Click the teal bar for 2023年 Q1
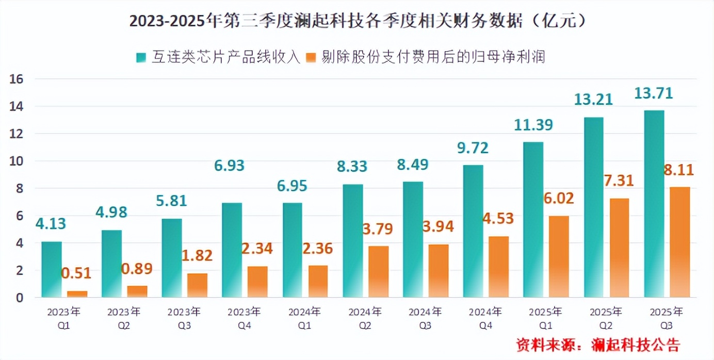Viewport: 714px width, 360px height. pyautogui.click(x=51, y=269)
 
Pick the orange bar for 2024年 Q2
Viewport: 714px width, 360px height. pyautogui.click(x=379, y=271)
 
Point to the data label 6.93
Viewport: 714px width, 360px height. pyautogui.click(x=229, y=166)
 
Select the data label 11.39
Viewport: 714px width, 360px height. pyautogui.click(x=533, y=125)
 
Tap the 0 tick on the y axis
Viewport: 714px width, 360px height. pyautogui.click(x=20, y=298)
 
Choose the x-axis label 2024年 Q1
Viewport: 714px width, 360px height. pyautogui.click(x=304, y=319)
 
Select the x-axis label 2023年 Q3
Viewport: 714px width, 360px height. pyautogui.click(x=184, y=319)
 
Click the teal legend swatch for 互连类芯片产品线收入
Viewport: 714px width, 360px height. pyautogui.click(x=141, y=57)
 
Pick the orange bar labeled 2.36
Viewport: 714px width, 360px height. pyautogui.click(x=318, y=281)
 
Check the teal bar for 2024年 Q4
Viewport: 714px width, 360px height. pyautogui.click(x=473, y=231)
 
